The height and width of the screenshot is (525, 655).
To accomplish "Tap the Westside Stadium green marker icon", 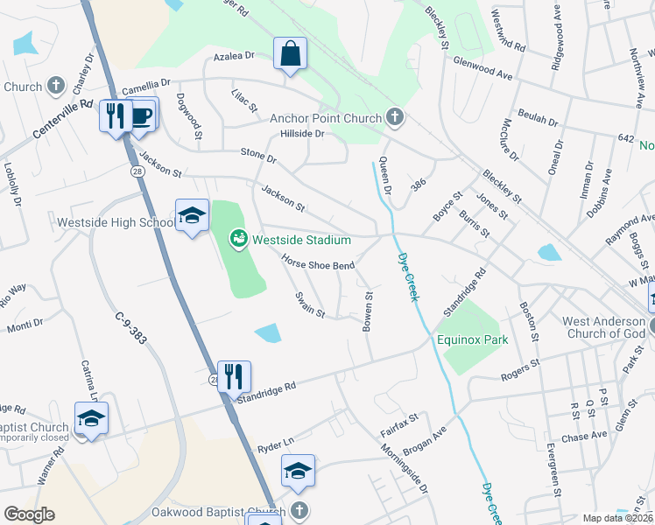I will (x=237, y=239).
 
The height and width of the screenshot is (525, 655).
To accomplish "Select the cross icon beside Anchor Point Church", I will (x=395, y=117).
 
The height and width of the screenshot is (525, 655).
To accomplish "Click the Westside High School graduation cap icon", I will (x=192, y=215).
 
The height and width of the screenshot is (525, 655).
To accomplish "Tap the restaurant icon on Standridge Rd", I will (x=234, y=376).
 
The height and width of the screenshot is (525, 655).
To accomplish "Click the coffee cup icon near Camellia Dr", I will (x=142, y=114).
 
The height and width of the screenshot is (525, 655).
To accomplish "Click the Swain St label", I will (x=310, y=305).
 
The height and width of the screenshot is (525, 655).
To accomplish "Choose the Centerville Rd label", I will (x=63, y=118).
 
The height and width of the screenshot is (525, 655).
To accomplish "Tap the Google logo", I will (x=29, y=514).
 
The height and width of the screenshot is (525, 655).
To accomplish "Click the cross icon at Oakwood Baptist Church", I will (x=299, y=510).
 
